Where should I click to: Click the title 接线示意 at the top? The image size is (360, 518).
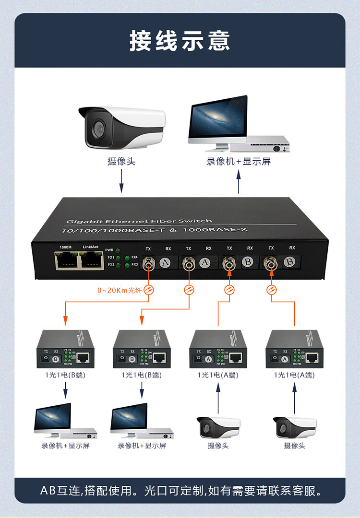(180, 41)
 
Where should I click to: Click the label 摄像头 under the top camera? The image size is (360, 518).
(121, 162)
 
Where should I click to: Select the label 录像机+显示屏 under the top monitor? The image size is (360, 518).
(239, 162)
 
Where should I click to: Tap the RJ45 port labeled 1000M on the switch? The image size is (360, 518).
(65, 260)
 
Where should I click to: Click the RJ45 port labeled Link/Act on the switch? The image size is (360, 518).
(91, 260)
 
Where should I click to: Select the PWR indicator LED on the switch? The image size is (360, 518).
(118, 251)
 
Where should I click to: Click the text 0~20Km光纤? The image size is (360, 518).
(119, 290)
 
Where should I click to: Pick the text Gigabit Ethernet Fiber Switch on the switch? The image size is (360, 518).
(139, 221)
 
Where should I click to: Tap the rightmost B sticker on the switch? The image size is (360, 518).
(289, 262)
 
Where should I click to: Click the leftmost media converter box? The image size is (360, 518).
(65, 350)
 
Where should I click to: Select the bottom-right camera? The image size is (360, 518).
(295, 426)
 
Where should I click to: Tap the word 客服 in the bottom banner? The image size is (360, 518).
(309, 491)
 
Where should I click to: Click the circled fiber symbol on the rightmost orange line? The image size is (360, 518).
(272, 289)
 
